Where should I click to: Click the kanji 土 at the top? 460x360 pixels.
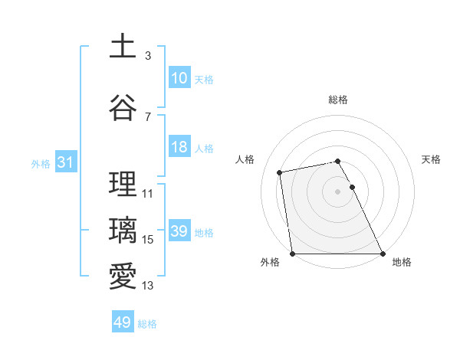123,46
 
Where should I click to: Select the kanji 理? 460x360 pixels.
123,185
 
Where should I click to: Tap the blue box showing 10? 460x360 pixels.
179,78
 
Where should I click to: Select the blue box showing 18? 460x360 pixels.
179,148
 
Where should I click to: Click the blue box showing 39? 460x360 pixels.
179,232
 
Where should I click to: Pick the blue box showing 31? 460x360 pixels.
66,163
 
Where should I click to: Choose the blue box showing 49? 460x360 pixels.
123,322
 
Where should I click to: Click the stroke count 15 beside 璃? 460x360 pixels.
148,240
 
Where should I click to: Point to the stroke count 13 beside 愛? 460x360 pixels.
148,286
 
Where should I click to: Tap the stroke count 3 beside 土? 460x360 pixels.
148,55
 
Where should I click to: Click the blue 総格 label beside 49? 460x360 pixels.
147,324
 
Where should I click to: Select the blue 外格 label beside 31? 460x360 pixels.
41,164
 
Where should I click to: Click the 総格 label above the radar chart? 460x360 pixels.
338,100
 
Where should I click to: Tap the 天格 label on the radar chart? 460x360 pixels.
432,159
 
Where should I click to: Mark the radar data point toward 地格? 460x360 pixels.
383,254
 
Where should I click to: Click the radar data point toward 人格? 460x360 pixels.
281,172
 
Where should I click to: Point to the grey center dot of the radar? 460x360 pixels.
338,191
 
